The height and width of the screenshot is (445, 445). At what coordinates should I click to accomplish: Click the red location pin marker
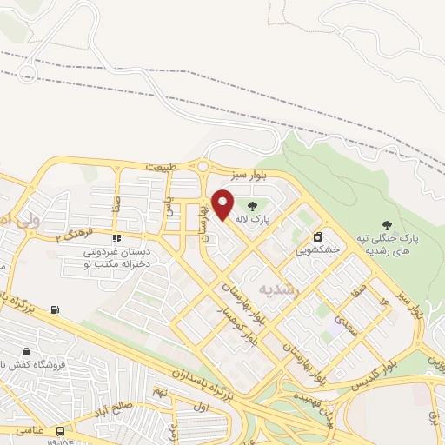point(222,203)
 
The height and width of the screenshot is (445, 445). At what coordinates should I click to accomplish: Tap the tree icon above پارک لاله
point(252,206)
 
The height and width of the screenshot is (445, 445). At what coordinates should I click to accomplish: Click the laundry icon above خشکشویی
point(317,236)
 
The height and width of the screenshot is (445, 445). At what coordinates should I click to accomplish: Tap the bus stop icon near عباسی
point(60,430)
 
